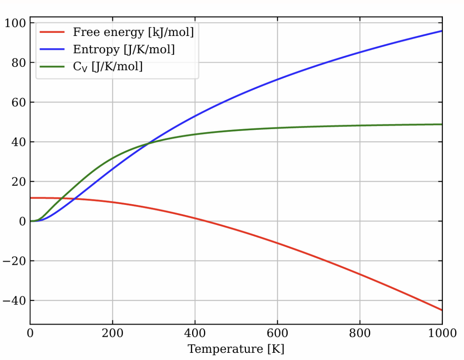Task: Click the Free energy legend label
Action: click(133, 32)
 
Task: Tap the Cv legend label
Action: click(107, 66)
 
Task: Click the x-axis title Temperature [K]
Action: click(236, 349)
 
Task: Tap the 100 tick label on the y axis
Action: click(16, 23)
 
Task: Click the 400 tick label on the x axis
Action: click(195, 334)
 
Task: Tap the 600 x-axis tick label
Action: click(277, 334)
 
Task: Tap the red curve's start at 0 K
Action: click(30, 198)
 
